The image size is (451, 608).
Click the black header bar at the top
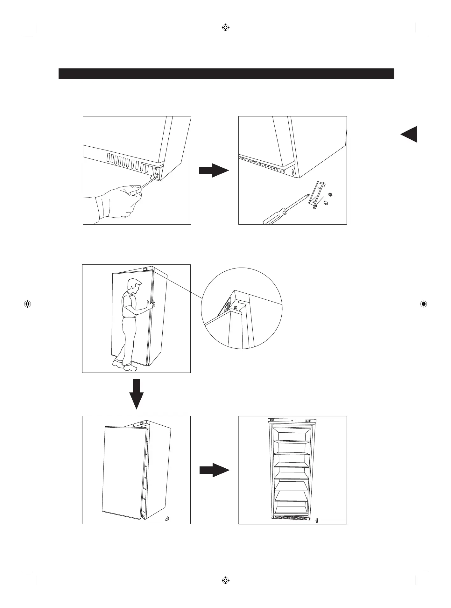226,73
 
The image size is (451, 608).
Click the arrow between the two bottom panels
214,470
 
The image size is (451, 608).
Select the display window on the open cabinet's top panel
308,421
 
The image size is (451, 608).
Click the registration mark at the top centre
225,27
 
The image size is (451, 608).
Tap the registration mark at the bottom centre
225,580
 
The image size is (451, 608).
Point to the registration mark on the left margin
27,304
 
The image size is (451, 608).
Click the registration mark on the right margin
423,304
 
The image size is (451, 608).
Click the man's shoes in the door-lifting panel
124,366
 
